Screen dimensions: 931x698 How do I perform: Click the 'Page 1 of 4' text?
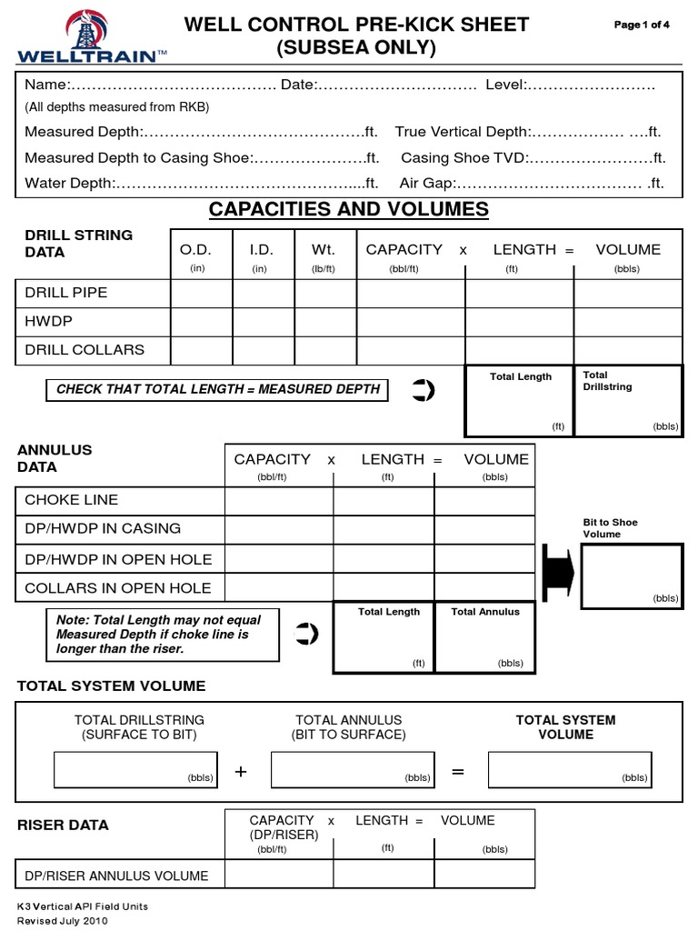click(642, 25)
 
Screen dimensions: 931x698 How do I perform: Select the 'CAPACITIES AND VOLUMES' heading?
click(348, 210)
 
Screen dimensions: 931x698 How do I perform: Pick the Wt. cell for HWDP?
click(324, 322)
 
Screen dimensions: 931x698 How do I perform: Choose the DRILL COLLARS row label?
click(85, 350)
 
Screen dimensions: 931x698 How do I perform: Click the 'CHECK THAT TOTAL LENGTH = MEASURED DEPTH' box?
click(218, 389)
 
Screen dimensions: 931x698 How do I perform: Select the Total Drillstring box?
click(628, 400)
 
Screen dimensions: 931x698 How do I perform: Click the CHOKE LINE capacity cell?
click(279, 501)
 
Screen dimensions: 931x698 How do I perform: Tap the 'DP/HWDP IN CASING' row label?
click(103, 528)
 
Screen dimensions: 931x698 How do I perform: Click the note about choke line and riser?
click(163, 635)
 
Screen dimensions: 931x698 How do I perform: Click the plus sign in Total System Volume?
click(241, 772)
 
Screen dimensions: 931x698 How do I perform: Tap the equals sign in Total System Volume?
click(457, 772)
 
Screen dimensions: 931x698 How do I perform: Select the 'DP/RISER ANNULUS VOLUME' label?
click(116, 876)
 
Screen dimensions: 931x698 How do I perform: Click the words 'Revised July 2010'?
click(63, 921)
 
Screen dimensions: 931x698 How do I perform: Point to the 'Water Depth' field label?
click(68, 183)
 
